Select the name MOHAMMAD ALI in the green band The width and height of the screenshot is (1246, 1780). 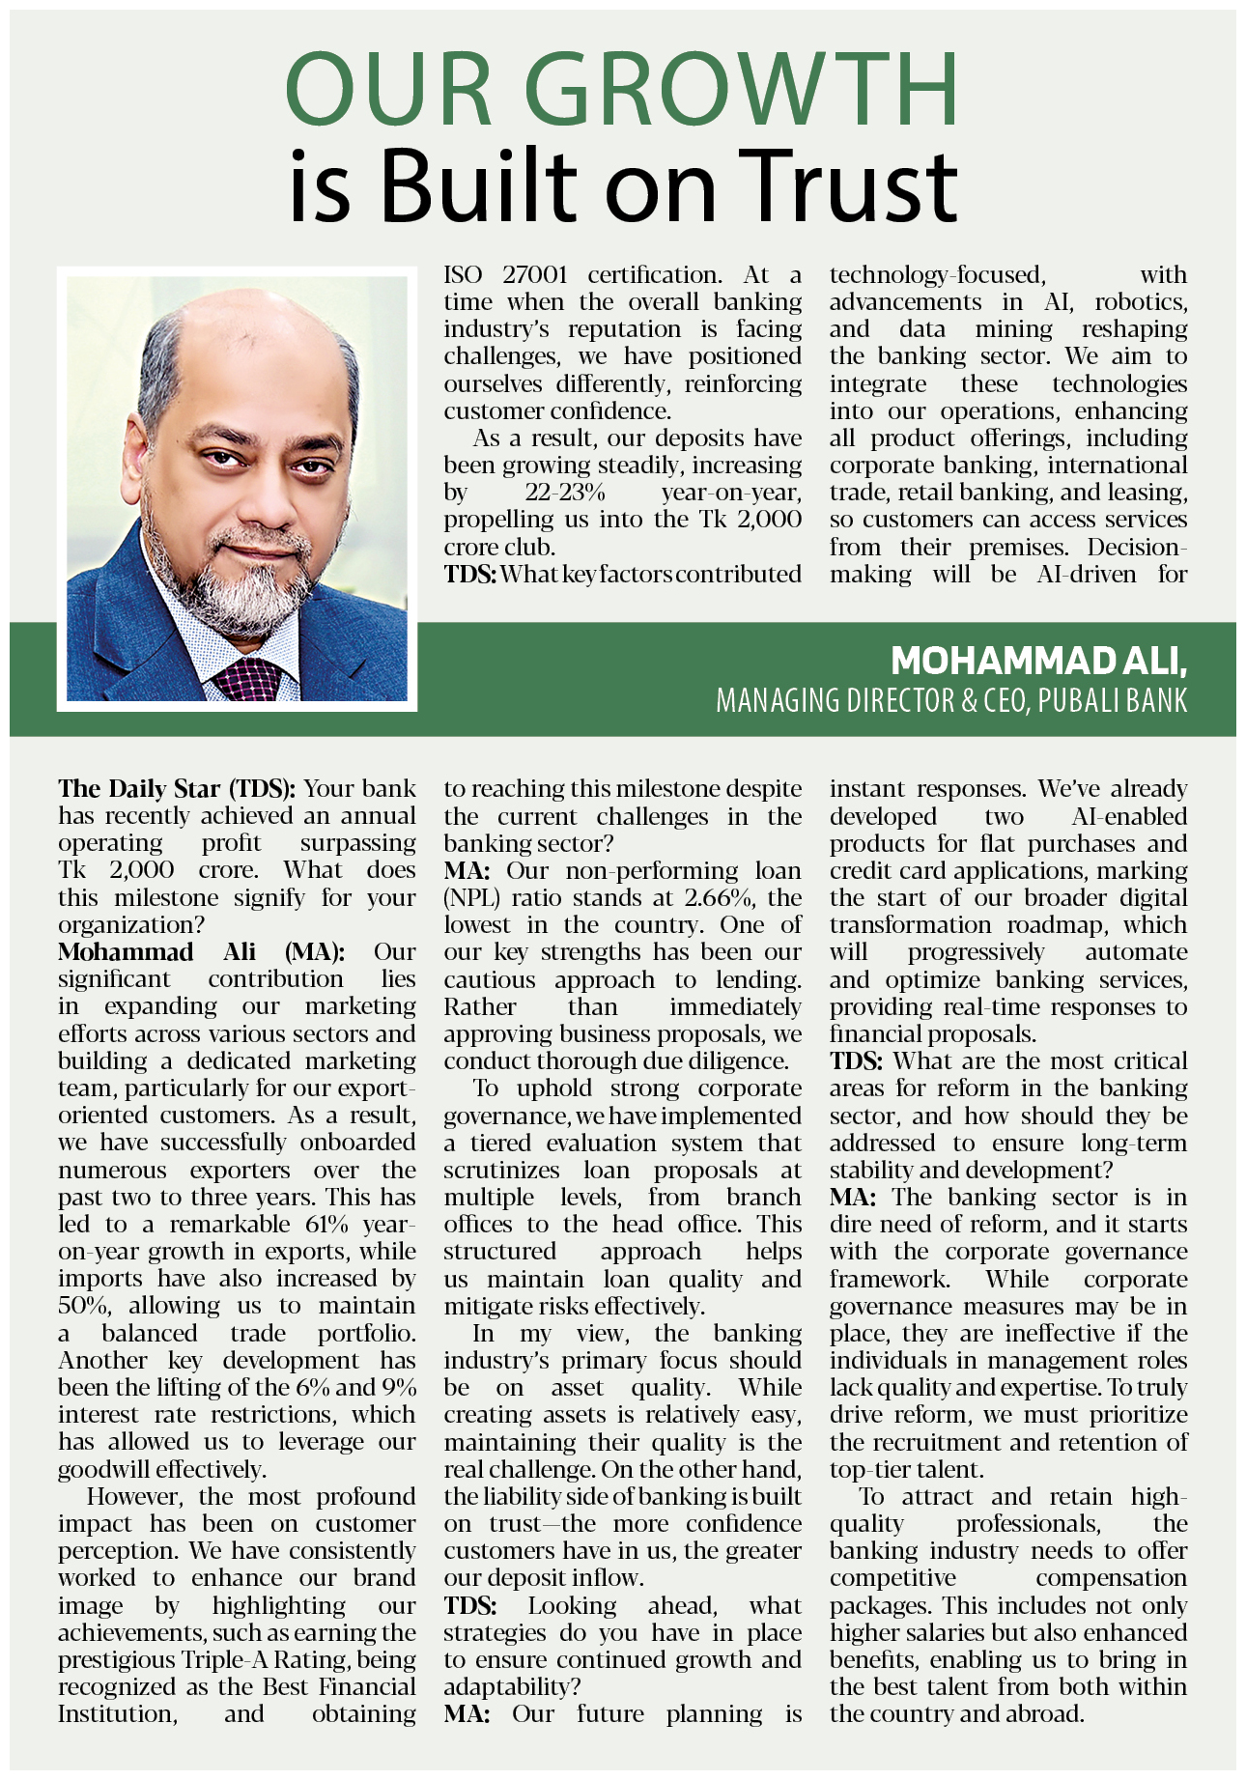pyautogui.click(x=1038, y=661)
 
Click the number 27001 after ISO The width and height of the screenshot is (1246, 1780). pyautogui.click(x=535, y=275)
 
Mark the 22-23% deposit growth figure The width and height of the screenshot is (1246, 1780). pyautogui.click(x=565, y=493)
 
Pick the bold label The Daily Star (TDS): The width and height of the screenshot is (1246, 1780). pyautogui.click(x=177, y=789)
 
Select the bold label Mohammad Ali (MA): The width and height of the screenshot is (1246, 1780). pyautogui.click(x=201, y=952)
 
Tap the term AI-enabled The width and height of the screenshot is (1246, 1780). pyautogui.click(x=1129, y=817)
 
